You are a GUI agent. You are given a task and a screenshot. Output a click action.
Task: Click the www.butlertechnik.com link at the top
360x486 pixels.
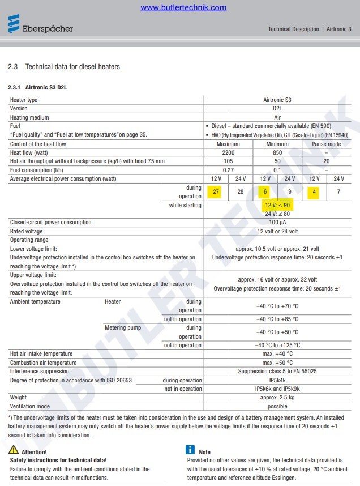coord(183,7)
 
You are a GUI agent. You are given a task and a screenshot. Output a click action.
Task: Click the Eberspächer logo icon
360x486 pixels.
coord(13,25)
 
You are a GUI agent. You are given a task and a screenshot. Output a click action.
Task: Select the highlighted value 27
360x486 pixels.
coord(216,192)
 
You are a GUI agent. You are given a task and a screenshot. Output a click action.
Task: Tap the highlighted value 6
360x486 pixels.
coord(265,192)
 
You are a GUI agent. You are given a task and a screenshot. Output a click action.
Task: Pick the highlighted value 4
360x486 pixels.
coord(314,192)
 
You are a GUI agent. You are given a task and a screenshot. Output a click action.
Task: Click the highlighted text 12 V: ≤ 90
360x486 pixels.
coord(277,205)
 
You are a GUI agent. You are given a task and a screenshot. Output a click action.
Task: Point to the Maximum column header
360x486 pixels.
coord(228,144)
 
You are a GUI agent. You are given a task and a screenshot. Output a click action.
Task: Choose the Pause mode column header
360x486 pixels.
coord(327,144)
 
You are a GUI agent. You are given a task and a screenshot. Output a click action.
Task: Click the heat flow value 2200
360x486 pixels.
coord(228,152)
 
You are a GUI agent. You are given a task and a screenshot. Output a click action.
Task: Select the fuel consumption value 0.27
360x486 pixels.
coord(228,170)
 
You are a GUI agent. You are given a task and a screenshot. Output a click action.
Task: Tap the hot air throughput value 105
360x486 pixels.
coord(228,161)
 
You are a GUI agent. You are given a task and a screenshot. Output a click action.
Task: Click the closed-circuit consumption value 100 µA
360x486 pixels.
coord(277,223)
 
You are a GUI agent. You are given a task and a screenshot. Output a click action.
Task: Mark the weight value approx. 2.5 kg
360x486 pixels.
coord(277,398)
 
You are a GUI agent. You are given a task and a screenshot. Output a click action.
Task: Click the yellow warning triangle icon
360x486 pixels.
coord(13,450)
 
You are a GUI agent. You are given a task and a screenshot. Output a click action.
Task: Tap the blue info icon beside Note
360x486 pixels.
coord(190,450)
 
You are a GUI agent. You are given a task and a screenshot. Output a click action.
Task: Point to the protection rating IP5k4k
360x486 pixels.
coord(277,380)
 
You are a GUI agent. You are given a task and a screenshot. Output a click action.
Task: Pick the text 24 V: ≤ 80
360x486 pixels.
coord(277,214)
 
